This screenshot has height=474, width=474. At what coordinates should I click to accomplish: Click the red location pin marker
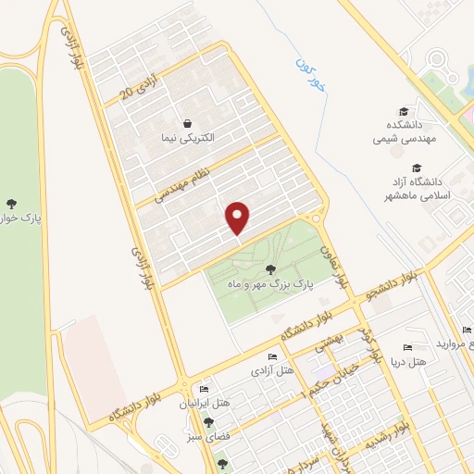click(x=239, y=217)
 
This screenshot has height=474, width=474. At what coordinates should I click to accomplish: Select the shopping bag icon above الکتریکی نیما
click(x=188, y=123)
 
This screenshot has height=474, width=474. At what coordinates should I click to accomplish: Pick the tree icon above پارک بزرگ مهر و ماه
click(x=271, y=270)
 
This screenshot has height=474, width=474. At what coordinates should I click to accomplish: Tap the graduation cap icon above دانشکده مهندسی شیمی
click(x=404, y=110)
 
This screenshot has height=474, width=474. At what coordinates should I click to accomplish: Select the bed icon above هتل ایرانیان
click(x=204, y=390)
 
